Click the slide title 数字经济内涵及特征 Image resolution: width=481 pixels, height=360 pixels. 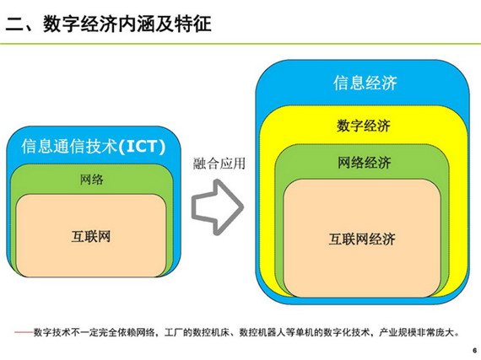(127, 24)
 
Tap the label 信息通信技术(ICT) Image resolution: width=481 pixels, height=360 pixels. (94, 146)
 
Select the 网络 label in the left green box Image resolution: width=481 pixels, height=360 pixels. (91, 180)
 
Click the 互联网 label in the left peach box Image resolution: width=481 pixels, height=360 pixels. (91, 237)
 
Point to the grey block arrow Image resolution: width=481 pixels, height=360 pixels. (218, 207)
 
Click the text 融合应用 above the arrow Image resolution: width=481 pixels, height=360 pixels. (219, 164)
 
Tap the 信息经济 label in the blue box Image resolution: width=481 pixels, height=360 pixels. (365, 83)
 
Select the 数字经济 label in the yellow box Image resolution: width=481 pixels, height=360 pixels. (364, 126)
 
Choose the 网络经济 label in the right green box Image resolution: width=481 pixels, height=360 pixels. (364, 163)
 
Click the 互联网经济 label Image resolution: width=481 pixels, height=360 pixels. (362, 239)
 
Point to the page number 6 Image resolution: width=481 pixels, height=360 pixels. (474, 351)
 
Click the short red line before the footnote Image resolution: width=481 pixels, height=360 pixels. (24, 332)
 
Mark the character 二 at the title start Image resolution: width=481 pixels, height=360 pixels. (14, 24)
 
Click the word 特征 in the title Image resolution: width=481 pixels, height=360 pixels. (193, 24)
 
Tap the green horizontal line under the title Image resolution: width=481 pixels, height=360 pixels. (240, 44)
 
